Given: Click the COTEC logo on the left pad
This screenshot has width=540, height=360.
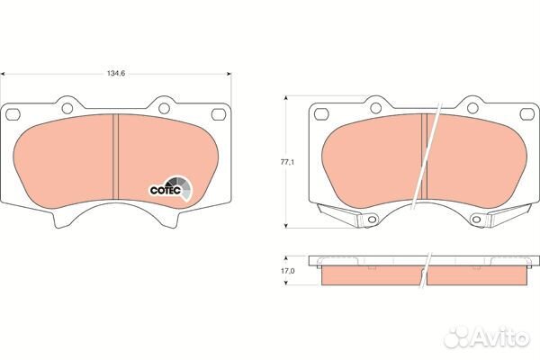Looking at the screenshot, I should tap(166, 189).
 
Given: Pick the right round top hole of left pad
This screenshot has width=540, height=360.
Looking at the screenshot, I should tap(162, 107).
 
